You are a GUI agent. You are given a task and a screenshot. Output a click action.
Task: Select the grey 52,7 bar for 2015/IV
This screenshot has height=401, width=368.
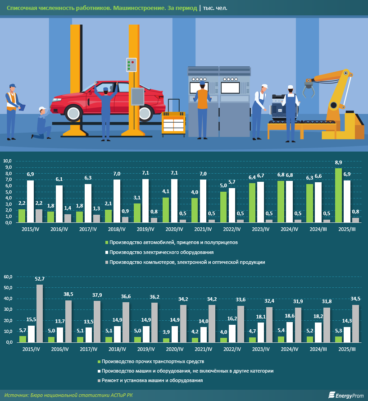(x=40, y=313)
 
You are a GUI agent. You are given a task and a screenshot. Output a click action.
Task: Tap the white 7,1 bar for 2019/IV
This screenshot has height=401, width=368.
(x=145, y=201)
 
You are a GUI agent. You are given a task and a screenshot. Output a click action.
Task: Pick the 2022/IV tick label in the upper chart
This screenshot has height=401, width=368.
(x=232, y=229)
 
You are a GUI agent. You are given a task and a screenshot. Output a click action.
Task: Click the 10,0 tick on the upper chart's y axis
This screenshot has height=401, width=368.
(x=9, y=161)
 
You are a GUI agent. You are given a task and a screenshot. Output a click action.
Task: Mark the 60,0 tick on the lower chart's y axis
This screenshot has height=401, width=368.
(x=9, y=276)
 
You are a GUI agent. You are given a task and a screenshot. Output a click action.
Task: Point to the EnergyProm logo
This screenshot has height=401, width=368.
(x=346, y=395)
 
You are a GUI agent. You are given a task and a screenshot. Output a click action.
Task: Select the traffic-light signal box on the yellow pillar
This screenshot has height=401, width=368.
(x=132, y=65)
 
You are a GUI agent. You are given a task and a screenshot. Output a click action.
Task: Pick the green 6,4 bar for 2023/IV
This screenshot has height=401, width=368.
(x=252, y=203)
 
